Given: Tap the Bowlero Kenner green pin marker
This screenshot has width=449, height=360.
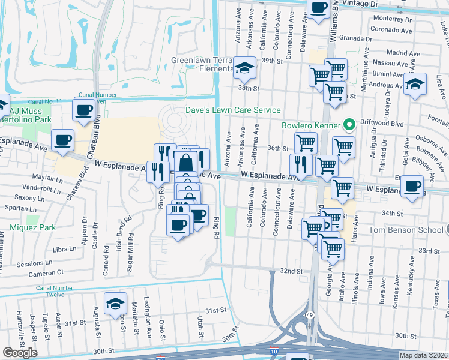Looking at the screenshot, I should coord(346,126).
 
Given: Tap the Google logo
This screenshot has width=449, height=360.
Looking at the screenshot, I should coord(20,353).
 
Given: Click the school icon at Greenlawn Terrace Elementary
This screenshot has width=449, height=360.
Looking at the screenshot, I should coord(245,69).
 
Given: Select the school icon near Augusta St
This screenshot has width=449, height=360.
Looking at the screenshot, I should coord(115,304).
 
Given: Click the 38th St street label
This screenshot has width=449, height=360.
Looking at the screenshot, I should coord(248,88).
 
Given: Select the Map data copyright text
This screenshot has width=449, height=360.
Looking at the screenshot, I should coord(424,355).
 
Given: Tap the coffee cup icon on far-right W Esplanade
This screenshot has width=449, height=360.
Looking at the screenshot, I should coord(412,185).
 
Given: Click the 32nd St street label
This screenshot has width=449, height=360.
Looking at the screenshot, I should coord(291,271).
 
